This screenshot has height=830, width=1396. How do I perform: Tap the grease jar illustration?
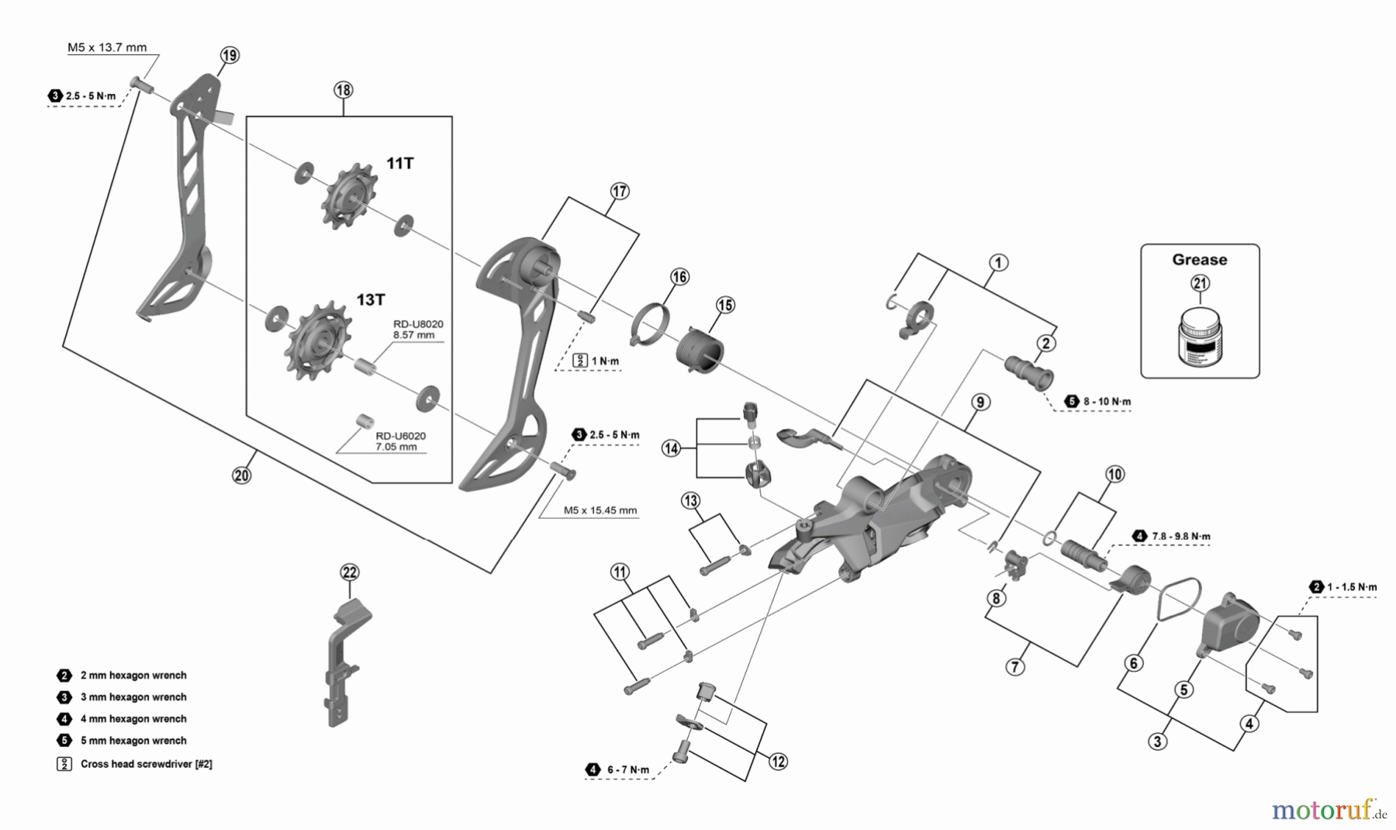(x=1199, y=335)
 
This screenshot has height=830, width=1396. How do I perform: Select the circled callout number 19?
(x=230, y=55)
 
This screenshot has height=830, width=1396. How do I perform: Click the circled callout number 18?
(x=343, y=90)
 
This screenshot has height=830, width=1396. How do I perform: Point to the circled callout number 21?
(x=1200, y=283)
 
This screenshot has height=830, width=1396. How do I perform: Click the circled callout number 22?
(x=351, y=572)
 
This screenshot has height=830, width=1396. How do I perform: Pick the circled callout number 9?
(x=980, y=402)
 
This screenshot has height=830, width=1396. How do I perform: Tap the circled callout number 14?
(x=671, y=448)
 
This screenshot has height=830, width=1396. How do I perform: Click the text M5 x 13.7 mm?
(x=107, y=47)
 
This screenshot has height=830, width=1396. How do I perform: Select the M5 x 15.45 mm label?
(x=600, y=510)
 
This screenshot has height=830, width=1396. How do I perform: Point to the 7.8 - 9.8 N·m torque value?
(x=1181, y=536)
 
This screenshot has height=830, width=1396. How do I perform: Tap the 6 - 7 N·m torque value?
(x=628, y=769)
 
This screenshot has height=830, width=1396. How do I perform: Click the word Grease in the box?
(x=1199, y=260)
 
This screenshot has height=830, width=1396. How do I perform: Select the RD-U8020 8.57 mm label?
(x=418, y=330)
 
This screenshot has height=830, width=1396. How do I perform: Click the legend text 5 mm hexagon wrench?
(x=133, y=741)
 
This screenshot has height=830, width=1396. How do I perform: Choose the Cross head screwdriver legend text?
(x=147, y=764)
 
